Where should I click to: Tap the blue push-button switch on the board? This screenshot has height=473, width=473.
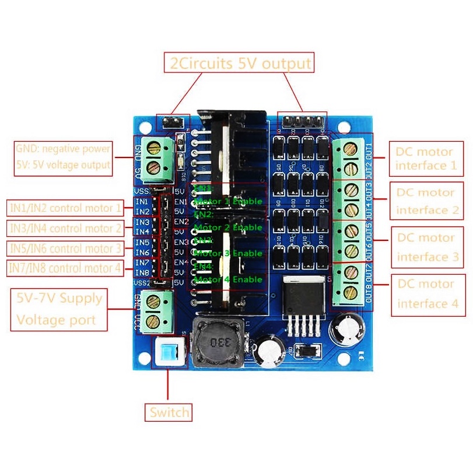pos(168,352)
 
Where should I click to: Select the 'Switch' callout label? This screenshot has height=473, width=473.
pos(169,412)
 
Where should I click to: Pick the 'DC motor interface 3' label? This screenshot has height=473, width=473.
pos(425,247)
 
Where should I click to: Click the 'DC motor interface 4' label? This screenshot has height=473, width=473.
pos(425,294)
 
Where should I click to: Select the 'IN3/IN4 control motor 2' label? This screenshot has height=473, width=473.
pos(65,228)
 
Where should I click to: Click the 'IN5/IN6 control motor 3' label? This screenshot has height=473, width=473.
pos(65,248)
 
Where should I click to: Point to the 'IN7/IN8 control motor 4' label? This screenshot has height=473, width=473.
pos(65,268)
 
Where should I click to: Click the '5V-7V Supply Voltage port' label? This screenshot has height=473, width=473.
pos(59,309)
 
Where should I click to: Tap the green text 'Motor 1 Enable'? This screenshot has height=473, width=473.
pos(228,201)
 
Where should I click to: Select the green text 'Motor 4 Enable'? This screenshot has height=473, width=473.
pos(228,279)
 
